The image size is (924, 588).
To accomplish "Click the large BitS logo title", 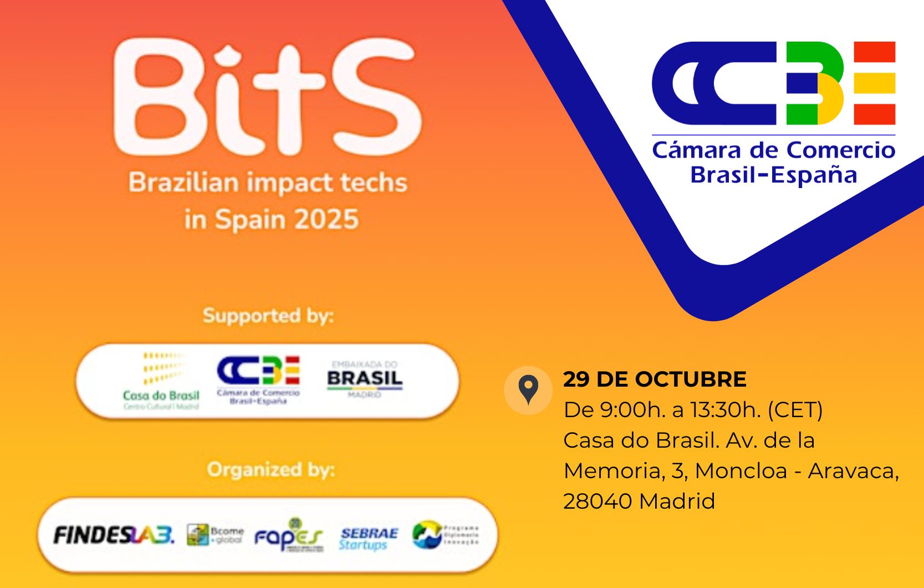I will [267, 98].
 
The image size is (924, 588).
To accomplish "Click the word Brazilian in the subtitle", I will [183, 183].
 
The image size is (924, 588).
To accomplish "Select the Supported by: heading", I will [268, 316].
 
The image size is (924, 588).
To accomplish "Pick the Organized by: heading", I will [270, 470].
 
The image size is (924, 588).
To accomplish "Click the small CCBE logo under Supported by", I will [258, 379].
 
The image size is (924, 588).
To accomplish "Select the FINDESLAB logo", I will [114, 535].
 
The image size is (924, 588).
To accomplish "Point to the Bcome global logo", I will [215, 535].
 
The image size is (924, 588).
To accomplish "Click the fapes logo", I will [288, 536].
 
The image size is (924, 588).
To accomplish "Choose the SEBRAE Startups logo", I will [368, 538].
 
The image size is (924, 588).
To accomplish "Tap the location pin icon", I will [528, 390].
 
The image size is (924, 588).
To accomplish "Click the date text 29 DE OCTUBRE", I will [655, 379].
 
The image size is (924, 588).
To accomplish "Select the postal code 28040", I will [598, 501].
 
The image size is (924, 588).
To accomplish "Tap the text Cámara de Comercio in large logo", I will [773, 150].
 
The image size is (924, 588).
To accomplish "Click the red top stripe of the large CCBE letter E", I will [874, 52].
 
